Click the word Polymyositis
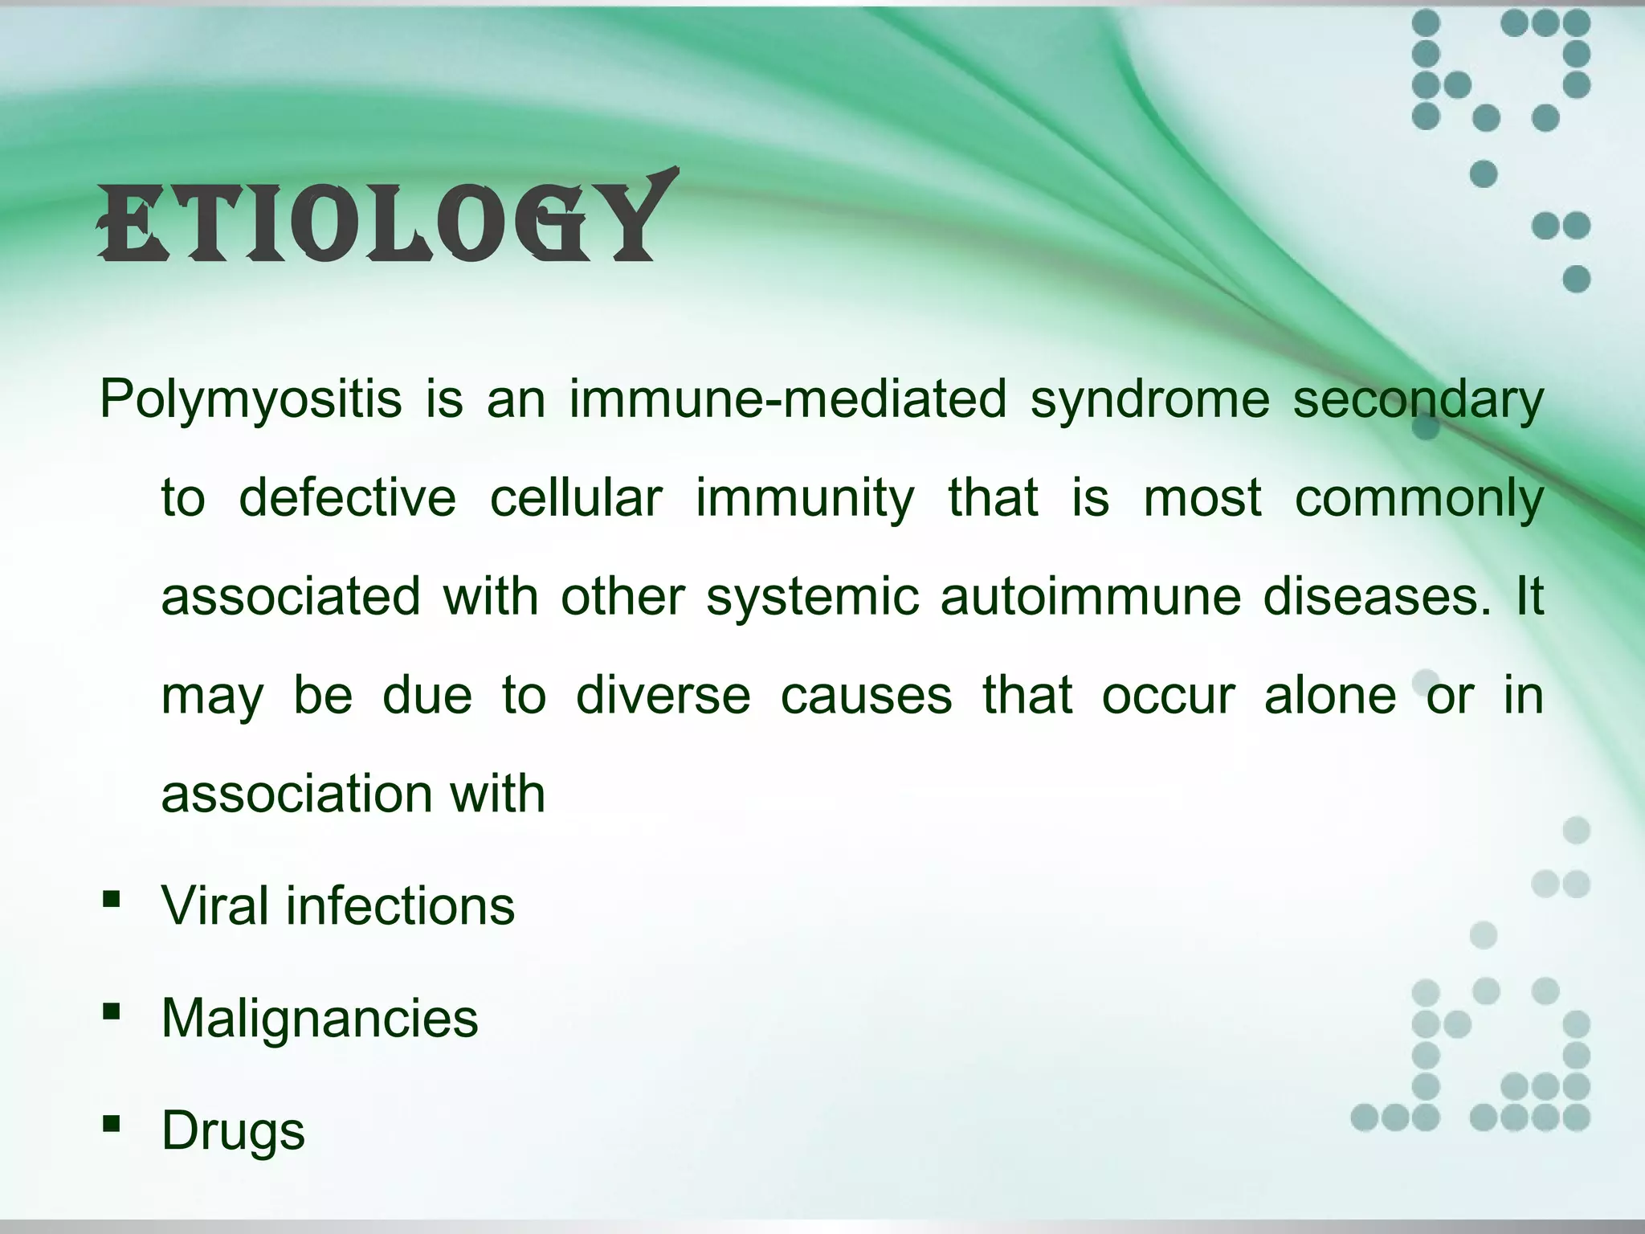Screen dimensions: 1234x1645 [x=250, y=400]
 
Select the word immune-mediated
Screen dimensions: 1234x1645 [x=787, y=398]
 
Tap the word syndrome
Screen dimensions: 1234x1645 [x=1149, y=400]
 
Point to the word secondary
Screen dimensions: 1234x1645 [x=1418, y=400]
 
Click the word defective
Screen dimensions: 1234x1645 [x=347, y=498]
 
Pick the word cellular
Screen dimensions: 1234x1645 [x=576, y=498]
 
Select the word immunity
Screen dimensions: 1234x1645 [x=804, y=498]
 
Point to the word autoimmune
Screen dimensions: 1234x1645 [x=1090, y=597]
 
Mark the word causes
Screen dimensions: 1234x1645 [x=866, y=696]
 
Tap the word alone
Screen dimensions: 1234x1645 [x=1329, y=695]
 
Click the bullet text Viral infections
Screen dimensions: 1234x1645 [x=337, y=906]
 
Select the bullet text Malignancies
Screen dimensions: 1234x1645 [x=319, y=1019]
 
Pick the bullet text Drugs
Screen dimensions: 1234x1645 [x=233, y=1131]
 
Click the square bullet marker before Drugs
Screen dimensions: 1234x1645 [x=112, y=1123]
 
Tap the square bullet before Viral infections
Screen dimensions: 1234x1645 [x=112, y=898]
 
